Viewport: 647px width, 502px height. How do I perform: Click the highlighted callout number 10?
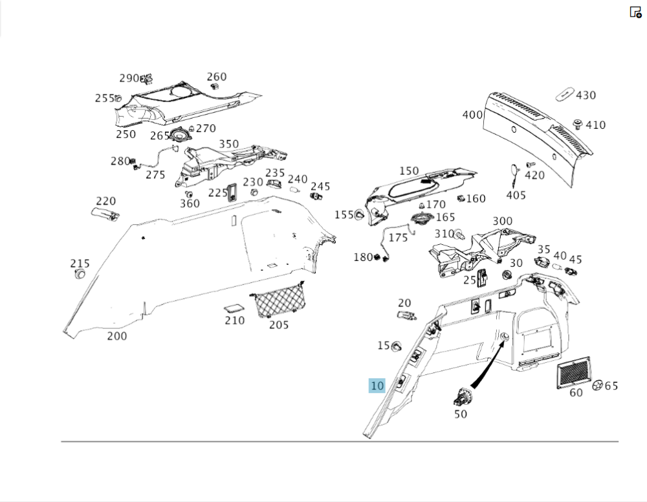tap(377, 386)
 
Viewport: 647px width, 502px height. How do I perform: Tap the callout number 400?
tap(472, 115)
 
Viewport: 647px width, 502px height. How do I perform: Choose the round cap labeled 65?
tap(598, 385)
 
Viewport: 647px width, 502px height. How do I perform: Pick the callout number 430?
tap(586, 95)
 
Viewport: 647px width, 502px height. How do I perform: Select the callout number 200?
tap(117, 336)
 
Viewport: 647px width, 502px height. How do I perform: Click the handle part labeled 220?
tap(105, 214)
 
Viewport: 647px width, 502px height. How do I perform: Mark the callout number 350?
tap(228, 144)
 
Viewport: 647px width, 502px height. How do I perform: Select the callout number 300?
tap(503, 222)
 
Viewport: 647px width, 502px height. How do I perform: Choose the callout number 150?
tap(409, 171)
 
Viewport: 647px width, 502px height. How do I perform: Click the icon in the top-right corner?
tap(635, 12)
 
